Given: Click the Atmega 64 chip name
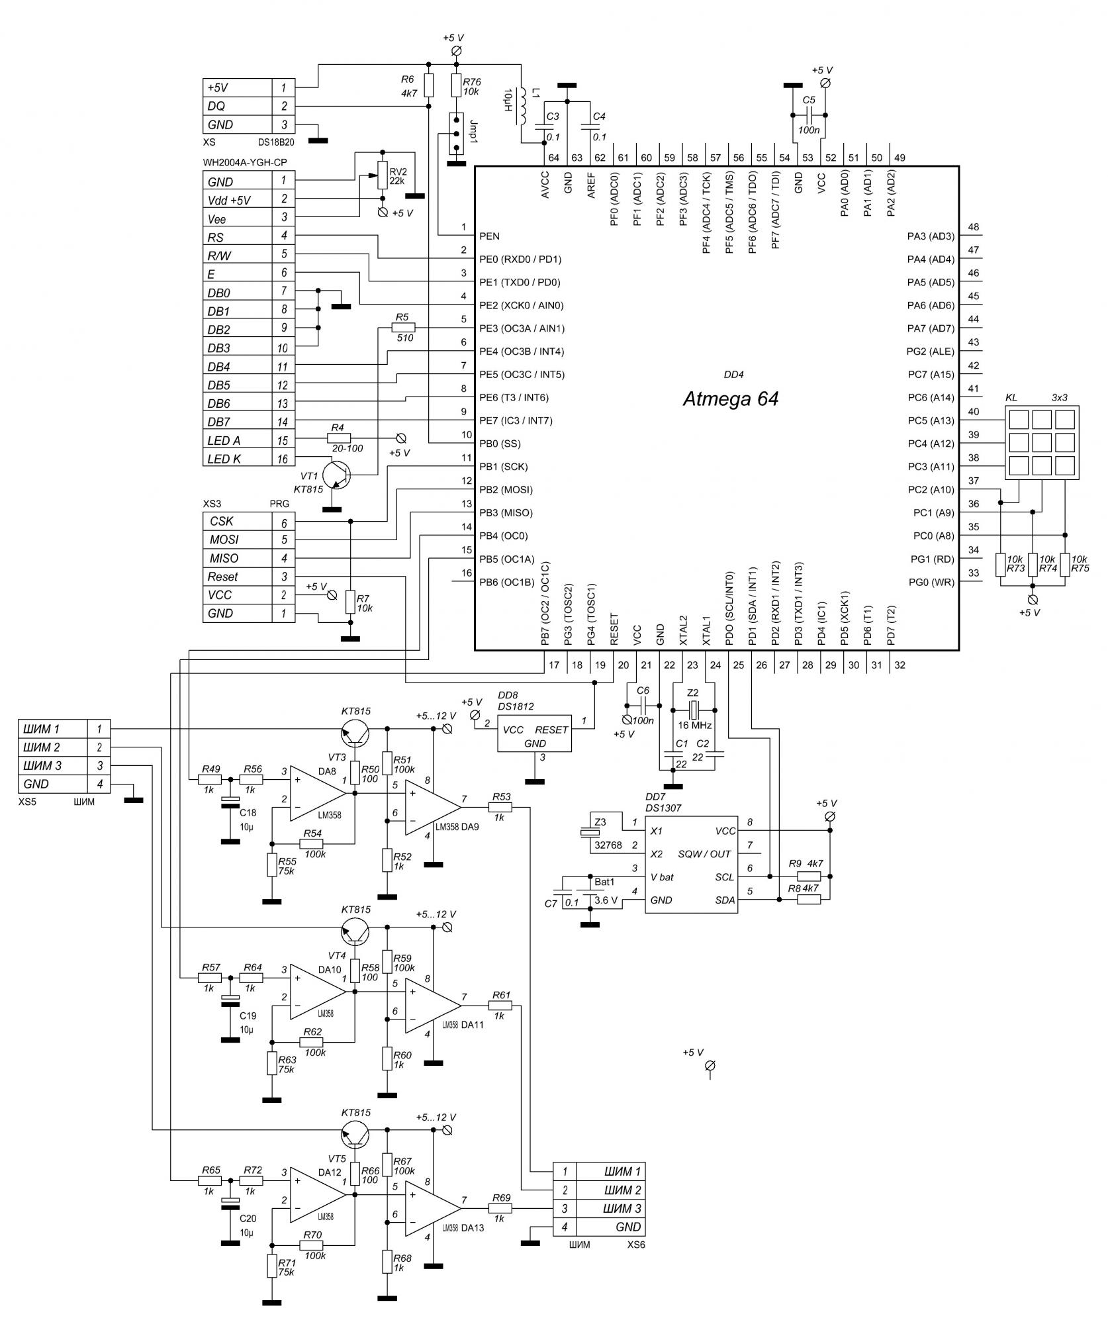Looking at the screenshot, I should [730, 399].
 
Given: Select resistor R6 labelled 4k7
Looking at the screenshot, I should [428, 85].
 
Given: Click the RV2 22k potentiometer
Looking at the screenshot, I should [382, 175].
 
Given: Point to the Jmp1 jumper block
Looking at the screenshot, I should [455, 134].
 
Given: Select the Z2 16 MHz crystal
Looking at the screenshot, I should [693, 711].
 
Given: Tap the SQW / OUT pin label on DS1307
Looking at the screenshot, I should [704, 854].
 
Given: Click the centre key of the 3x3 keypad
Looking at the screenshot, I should [1041, 441].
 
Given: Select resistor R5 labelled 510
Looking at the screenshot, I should [403, 328].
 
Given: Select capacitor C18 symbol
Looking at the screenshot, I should [230, 802].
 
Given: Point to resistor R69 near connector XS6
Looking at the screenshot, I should [500, 1208].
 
